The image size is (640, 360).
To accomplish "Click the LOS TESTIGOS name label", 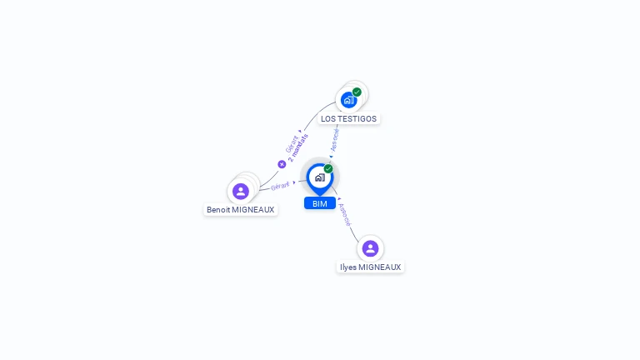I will (x=348, y=119).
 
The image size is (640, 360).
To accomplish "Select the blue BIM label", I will (x=320, y=203).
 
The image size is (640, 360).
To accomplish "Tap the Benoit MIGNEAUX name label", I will (x=240, y=210).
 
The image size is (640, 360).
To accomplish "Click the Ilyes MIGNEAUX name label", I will (x=370, y=267).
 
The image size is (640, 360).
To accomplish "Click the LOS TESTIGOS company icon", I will (x=348, y=100).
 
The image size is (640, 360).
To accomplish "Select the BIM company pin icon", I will (x=319, y=177).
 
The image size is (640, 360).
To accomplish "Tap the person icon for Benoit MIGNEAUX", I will (x=241, y=191).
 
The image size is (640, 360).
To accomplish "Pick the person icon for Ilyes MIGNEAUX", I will (x=370, y=248).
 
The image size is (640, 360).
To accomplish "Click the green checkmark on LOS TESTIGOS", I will (x=357, y=92).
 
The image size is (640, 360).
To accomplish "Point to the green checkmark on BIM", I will (x=328, y=168).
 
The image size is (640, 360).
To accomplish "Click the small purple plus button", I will (x=282, y=164).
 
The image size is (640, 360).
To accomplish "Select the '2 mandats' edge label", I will (x=298, y=147).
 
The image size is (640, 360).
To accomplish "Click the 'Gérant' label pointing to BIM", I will (x=280, y=186).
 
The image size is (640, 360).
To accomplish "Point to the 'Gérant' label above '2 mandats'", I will (x=291, y=143).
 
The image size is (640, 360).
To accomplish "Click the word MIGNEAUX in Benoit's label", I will (x=252, y=210).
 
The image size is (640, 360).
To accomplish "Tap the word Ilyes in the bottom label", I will (x=349, y=267).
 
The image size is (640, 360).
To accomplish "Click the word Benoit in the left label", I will (x=218, y=210).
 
